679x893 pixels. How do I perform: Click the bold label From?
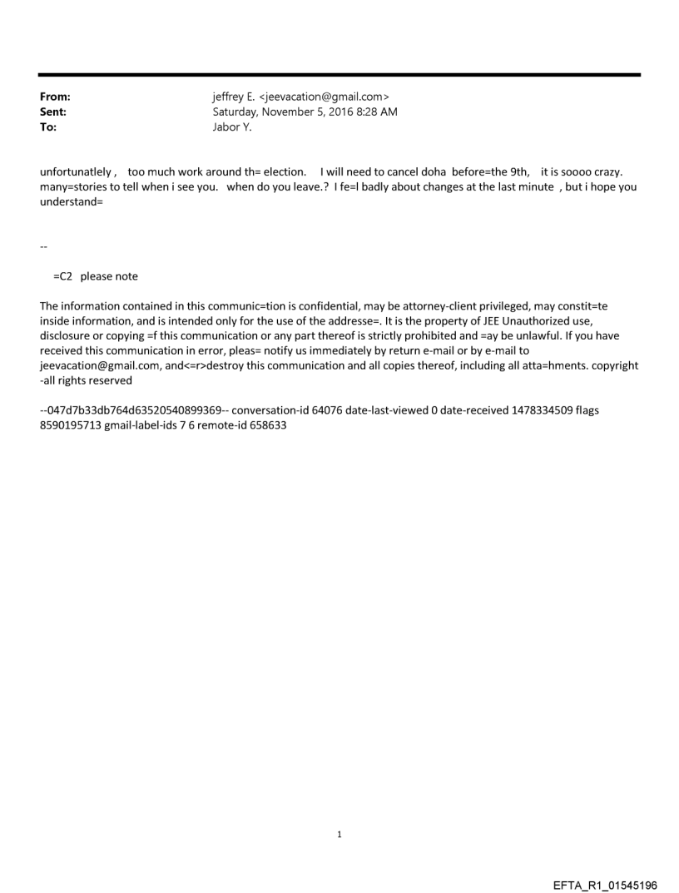55,97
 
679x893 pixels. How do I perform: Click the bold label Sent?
53,112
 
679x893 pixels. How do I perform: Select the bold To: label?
48,127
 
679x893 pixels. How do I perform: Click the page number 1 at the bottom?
339,833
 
